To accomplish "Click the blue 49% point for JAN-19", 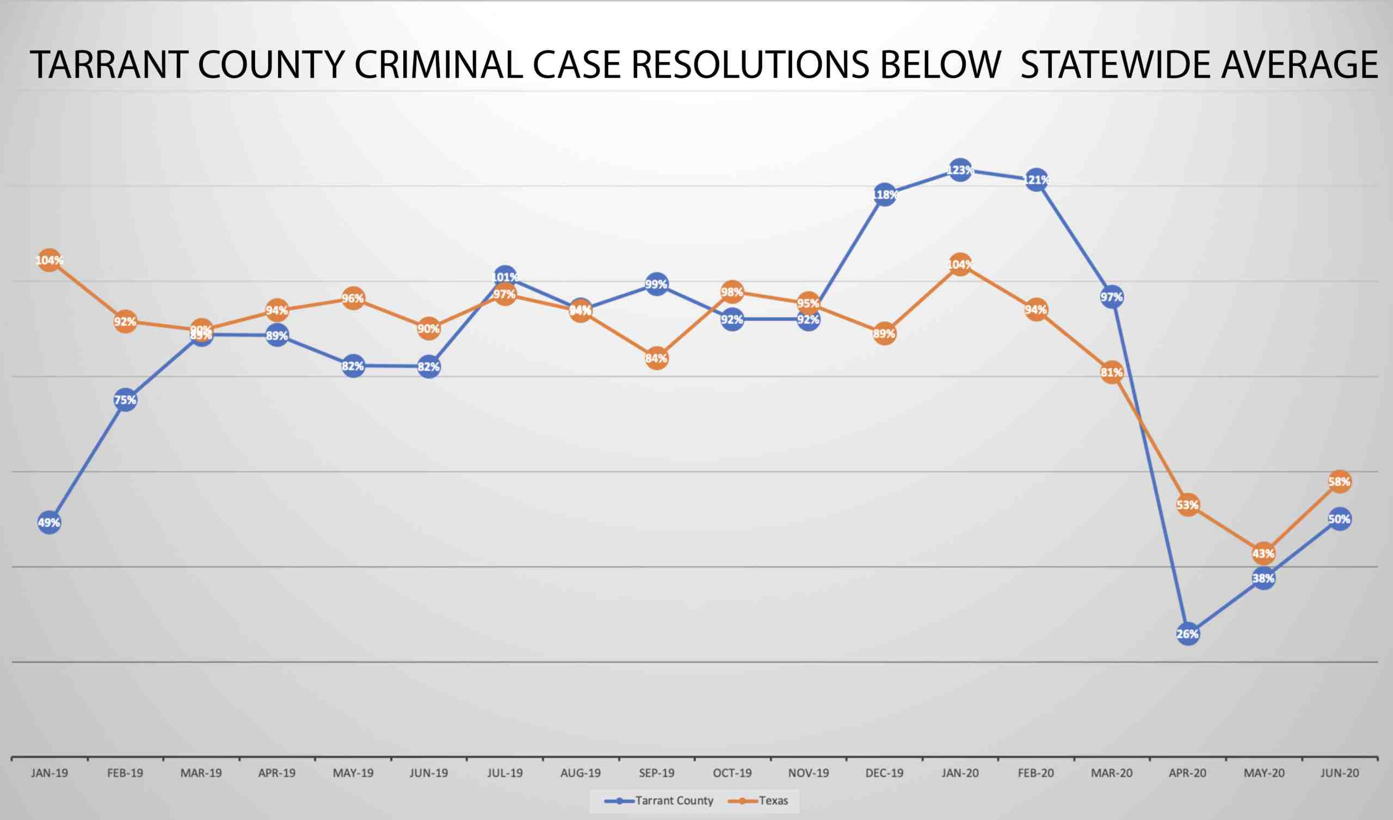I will click(49, 523).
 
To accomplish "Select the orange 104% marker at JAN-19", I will click(49, 260).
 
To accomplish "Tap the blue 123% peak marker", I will click(960, 170).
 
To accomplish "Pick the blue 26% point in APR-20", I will click(1188, 634).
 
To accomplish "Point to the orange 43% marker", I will click(1263, 553).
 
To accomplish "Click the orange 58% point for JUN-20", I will click(1339, 482).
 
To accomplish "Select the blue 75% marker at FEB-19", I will click(126, 400).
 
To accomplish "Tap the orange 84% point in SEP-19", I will click(656, 358).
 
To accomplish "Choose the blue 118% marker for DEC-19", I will click(884, 195).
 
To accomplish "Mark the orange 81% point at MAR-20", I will click(1112, 372).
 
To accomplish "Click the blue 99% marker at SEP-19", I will click(656, 284).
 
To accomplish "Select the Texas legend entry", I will click(762, 800).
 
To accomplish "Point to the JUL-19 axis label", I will click(504, 773).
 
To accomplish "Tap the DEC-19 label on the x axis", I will click(884, 773).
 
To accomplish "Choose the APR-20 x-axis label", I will click(1187, 773).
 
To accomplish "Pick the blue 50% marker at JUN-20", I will click(1339, 519).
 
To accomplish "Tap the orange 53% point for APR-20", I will click(1188, 505).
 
